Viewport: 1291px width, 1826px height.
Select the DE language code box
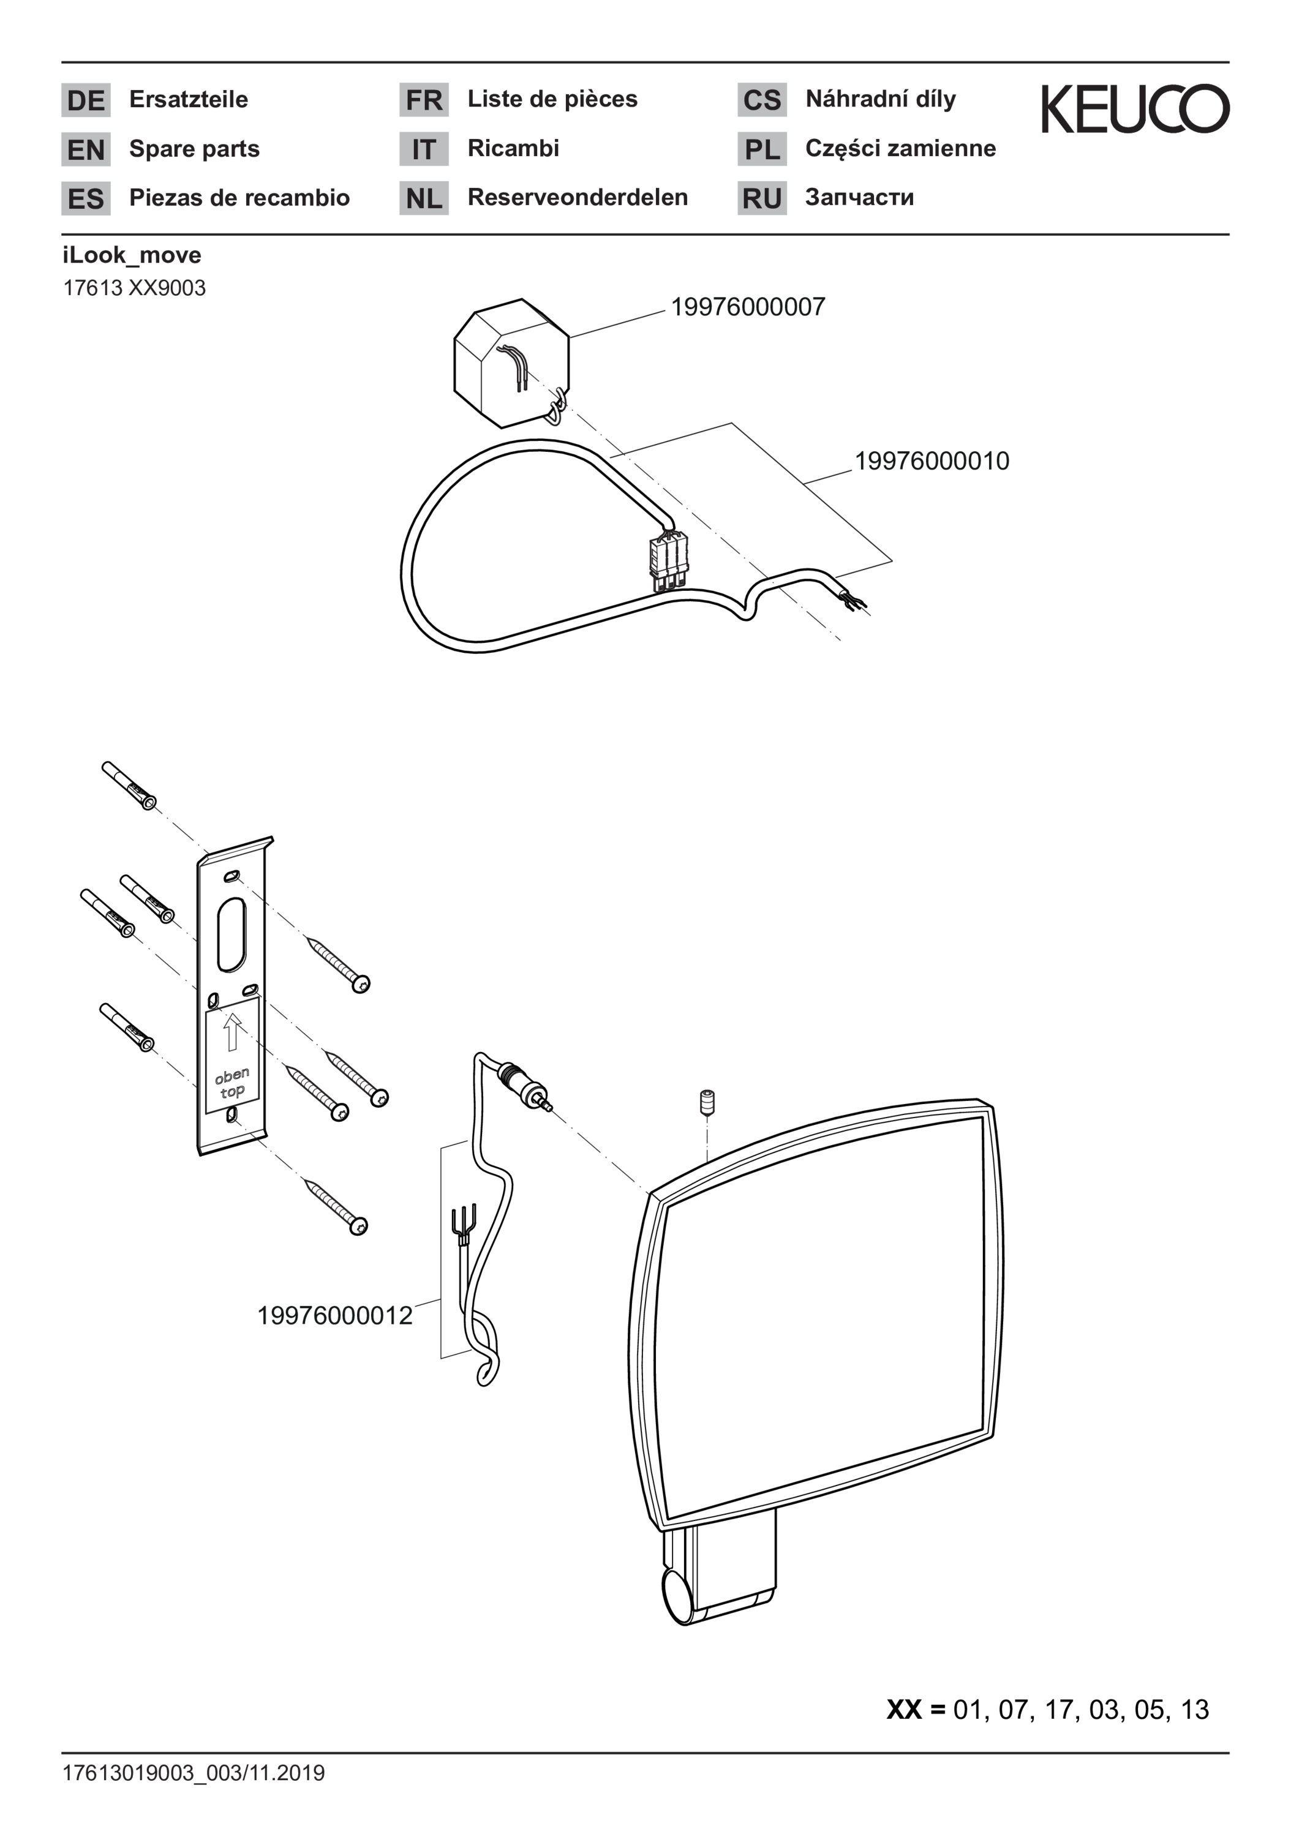pyautogui.click(x=86, y=100)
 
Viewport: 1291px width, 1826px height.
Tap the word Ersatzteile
pyautogui.click(x=189, y=99)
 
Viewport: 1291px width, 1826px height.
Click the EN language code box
pyautogui.click(x=86, y=149)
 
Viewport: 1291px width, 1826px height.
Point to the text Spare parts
pyautogui.click(x=194, y=149)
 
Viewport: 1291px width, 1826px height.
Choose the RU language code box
pyautogui.click(x=761, y=198)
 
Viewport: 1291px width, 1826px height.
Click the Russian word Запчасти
pyautogui.click(x=859, y=197)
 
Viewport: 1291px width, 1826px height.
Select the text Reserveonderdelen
pyautogui.click(x=578, y=197)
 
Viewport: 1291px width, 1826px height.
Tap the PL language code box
pyautogui.click(x=761, y=149)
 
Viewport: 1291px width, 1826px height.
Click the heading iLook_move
pyautogui.click(x=132, y=255)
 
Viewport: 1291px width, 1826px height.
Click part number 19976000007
pyautogui.click(x=748, y=307)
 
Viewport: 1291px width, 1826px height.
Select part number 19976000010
pyautogui.click(x=932, y=460)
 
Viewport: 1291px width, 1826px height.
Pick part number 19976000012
pyautogui.click(x=335, y=1315)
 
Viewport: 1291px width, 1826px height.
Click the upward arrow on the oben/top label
pyautogui.click(x=231, y=1032)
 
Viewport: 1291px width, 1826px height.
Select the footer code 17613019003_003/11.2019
pyautogui.click(x=194, y=1773)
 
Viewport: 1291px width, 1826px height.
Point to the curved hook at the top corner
pyautogui.click(x=514, y=365)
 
